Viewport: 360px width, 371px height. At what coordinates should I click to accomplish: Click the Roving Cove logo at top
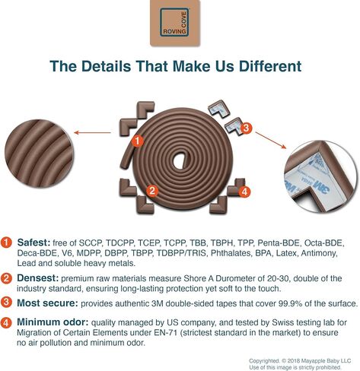(x=175, y=23)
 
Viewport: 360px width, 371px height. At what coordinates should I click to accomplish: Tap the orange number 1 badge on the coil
(x=138, y=141)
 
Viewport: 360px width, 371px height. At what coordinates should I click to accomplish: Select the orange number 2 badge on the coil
(x=152, y=191)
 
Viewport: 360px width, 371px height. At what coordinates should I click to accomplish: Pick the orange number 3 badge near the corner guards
(x=246, y=128)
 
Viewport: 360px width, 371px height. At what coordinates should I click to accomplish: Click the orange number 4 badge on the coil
(x=244, y=192)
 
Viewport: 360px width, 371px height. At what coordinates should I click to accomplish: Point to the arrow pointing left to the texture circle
(x=92, y=132)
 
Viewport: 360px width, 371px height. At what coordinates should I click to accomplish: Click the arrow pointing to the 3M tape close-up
(x=271, y=140)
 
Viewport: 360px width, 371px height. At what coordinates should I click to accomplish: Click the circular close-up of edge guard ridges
(x=39, y=154)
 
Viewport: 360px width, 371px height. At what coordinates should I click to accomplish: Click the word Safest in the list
(x=33, y=243)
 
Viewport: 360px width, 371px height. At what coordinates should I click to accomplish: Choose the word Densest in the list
(x=38, y=278)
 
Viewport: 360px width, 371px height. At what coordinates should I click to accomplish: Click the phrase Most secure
(x=47, y=303)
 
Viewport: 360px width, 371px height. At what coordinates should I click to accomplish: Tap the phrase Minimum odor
(x=53, y=322)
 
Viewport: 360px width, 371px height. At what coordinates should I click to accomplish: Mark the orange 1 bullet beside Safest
(x=6, y=243)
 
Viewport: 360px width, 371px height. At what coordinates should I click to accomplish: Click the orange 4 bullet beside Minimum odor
(x=6, y=323)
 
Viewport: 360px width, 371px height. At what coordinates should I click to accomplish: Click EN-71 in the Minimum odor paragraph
(x=165, y=333)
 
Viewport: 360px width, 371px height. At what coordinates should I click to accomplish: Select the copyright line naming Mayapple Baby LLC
(x=300, y=361)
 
